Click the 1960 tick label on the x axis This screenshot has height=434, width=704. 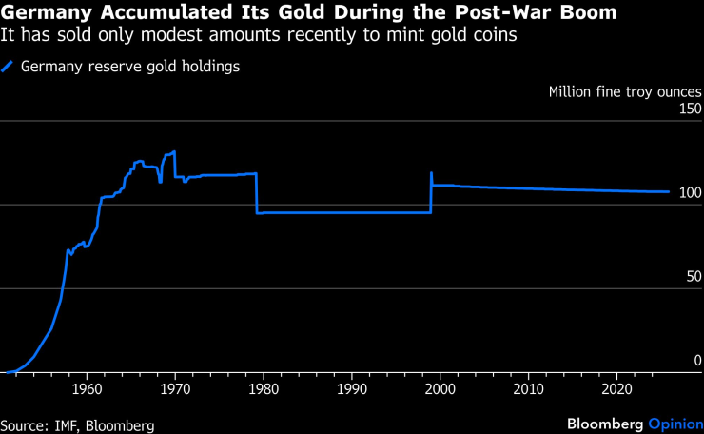pyautogui.click(x=87, y=389)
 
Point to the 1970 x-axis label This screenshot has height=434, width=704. pyautogui.click(x=175, y=389)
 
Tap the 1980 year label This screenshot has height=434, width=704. pyautogui.click(x=264, y=389)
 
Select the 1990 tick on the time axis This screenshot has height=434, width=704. pyautogui.click(x=352, y=389)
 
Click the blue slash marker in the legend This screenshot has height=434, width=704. pyautogui.click(x=9, y=67)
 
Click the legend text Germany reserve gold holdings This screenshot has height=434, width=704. pyautogui.click(x=129, y=67)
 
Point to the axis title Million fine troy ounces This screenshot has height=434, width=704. pyautogui.click(x=625, y=92)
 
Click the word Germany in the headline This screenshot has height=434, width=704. pyautogui.click(x=47, y=13)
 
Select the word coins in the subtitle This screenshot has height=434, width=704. pyautogui.click(x=499, y=35)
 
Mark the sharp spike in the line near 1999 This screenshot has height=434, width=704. pyautogui.click(x=432, y=174)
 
